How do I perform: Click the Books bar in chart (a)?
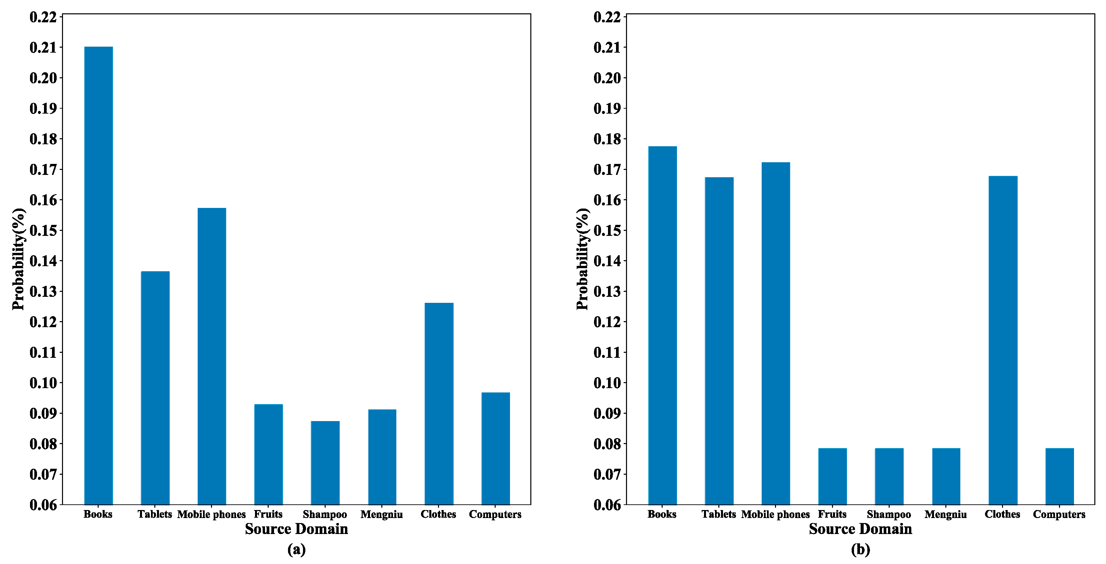[x=98, y=275]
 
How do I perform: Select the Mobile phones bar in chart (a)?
[x=212, y=356]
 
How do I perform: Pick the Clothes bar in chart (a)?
[x=439, y=403]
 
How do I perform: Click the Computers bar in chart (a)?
[x=495, y=448]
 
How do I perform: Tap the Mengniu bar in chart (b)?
[x=946, y=476]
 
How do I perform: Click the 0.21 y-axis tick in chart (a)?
[x=43, y=48]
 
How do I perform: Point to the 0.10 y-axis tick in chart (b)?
[x=607, y=383]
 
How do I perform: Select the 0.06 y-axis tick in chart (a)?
[x=43, y=505]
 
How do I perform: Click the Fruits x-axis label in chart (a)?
[x=268, y=514]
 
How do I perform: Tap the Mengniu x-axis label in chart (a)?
[x=381, y=514]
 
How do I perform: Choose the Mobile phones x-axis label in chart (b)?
[x=775, y=514]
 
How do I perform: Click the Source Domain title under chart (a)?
[x=296, y=529]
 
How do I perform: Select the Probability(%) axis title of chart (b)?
[x=582, y=259]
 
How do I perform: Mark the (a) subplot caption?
[x=296, y=549]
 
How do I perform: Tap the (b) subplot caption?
[x=860, y=549]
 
